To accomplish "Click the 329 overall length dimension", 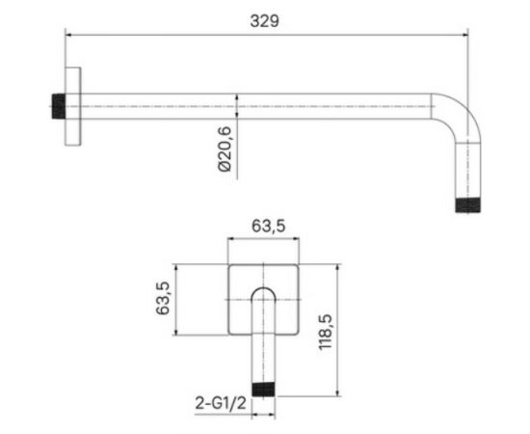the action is pos(265,21).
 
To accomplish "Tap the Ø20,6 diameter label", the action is pos(225,149).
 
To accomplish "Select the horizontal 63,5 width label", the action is pos(269,226).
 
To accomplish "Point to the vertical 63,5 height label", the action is pos(163,298).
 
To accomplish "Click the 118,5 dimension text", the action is pos(326,332).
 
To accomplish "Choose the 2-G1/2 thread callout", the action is pos(221,403).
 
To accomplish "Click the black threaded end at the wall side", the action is pos(59,106).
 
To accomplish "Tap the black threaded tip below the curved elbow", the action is pos(467,205).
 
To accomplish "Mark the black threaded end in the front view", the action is pos(264,389).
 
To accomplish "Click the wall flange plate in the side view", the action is pos(72,106).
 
